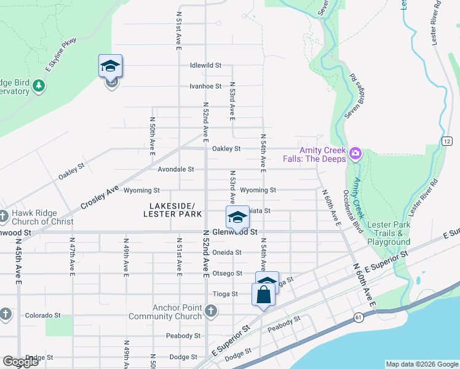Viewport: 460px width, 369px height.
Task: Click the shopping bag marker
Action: point(263,294)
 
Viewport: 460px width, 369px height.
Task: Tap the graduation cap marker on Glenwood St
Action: point(237,217)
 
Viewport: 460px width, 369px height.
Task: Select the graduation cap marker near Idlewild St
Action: point(111,66)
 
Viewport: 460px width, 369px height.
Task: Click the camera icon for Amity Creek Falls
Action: point(355,154)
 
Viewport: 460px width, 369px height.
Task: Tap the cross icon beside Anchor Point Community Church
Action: point(211,311)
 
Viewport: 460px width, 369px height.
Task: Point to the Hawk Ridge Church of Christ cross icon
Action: point(5,216)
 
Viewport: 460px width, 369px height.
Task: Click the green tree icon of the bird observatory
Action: point(39,85)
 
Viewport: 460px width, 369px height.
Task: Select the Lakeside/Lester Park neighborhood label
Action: point(172,210)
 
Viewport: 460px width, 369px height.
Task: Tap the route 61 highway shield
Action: point(357,317)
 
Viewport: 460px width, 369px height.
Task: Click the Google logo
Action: point(20,362)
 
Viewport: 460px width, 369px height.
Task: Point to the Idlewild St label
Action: point(205,65)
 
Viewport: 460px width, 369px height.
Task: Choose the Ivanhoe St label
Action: point(205,86)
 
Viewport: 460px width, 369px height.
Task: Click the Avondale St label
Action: point(176,169)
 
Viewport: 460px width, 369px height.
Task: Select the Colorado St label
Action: point(42,315)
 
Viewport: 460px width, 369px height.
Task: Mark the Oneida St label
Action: point(226,252)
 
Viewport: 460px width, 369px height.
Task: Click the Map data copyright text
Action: point(421,364)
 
